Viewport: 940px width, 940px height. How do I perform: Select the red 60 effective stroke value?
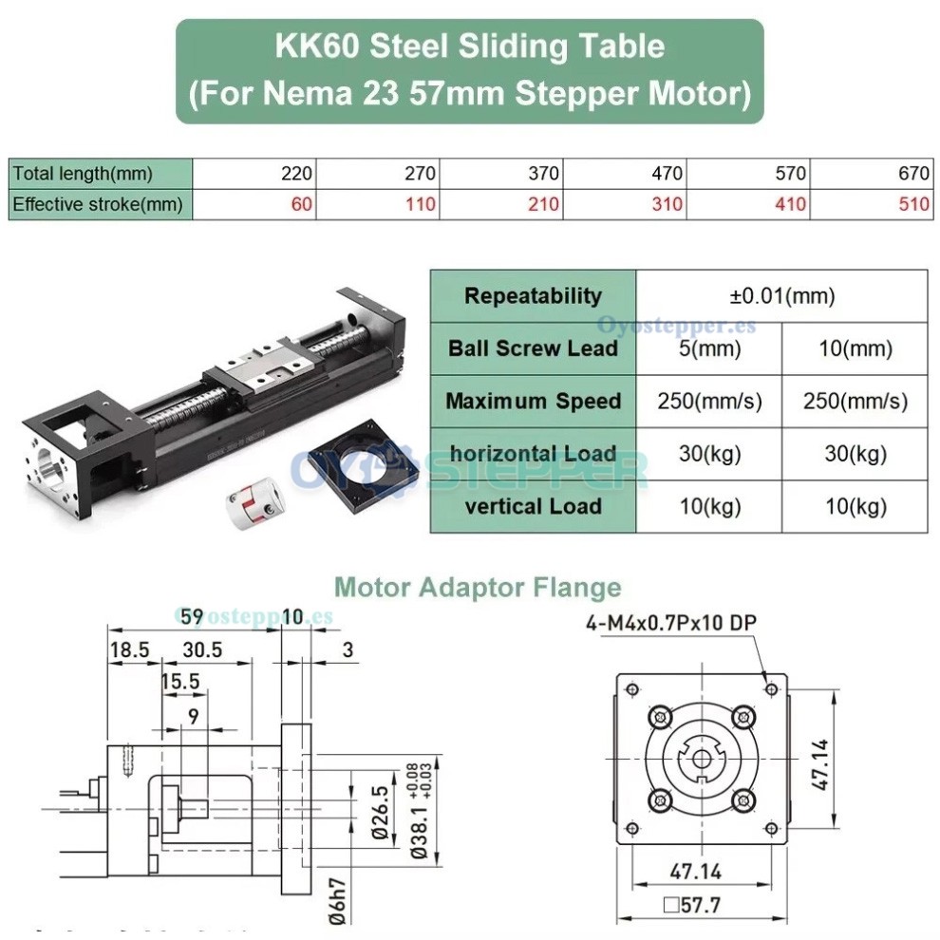coord(302,204)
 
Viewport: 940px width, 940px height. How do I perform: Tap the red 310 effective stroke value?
coord(667,204)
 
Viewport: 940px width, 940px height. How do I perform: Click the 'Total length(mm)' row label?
coord(83,174)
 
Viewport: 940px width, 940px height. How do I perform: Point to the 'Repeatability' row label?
coord(533,296)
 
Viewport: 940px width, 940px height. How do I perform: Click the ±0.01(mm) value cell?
coord(781,296)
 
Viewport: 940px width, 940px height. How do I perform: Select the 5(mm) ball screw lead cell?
coord(709,348)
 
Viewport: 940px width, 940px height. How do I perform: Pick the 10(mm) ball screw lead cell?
coord(855,348)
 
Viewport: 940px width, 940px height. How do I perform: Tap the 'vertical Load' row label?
coord(533,506)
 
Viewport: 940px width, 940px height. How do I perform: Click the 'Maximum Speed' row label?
coord(533,401)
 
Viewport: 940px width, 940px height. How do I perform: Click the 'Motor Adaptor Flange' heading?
coord(479,588)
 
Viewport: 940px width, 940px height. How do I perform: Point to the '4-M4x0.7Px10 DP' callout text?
coord(671,623)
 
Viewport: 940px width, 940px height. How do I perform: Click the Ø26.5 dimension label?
coord(379,813)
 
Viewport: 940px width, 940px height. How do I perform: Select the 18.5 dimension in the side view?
coord(130,649)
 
